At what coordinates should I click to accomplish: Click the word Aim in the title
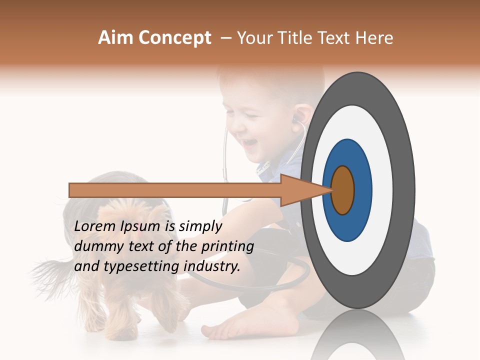click(115, 38)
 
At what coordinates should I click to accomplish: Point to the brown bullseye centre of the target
click(343, 190)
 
